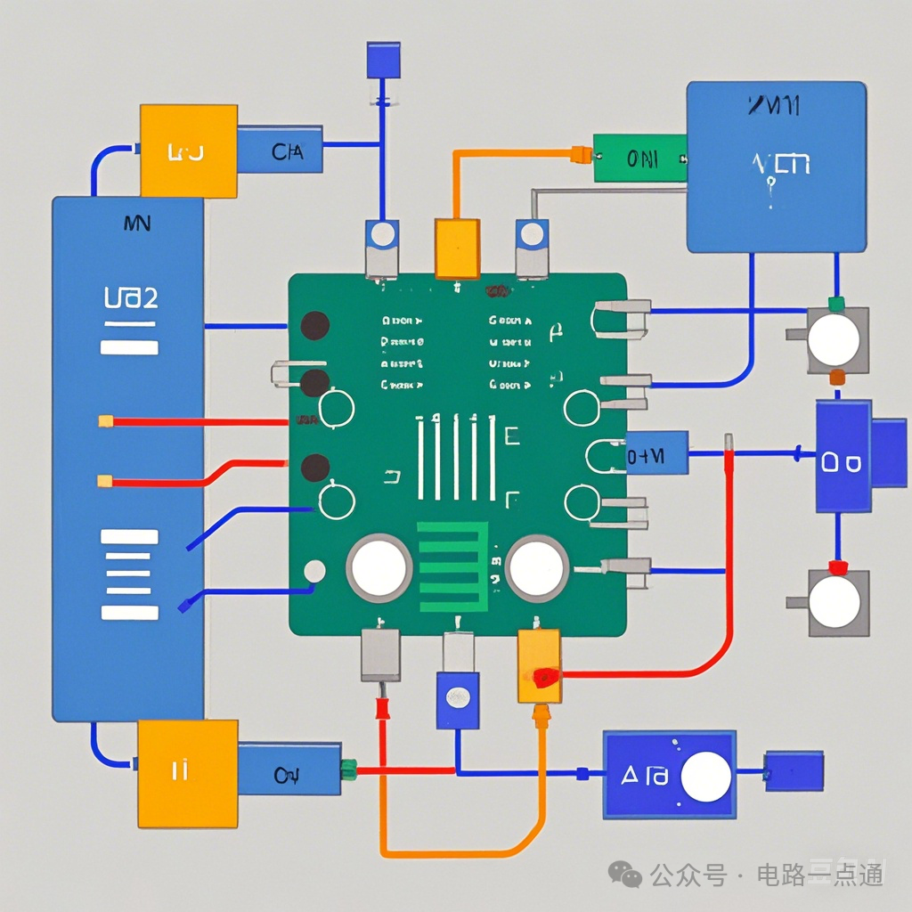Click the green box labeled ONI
(x=639, y=158)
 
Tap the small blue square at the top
(x=383, y=60)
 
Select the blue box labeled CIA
(x=280, y=149)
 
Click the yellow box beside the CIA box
(x=189, y=151)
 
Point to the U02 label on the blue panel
(x=130, y=298)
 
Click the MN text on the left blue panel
(x=136, y=223)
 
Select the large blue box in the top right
(x=776, y=167)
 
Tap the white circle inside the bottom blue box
(x=705, y=776)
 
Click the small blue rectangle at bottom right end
(x=794, y=770)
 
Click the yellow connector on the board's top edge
(x=457, y=248)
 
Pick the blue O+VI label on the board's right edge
(x=656, y=452)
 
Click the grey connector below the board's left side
(x=380, y=655)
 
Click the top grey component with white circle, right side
(x=836, y=339)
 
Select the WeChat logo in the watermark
(x=631, y=875)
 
